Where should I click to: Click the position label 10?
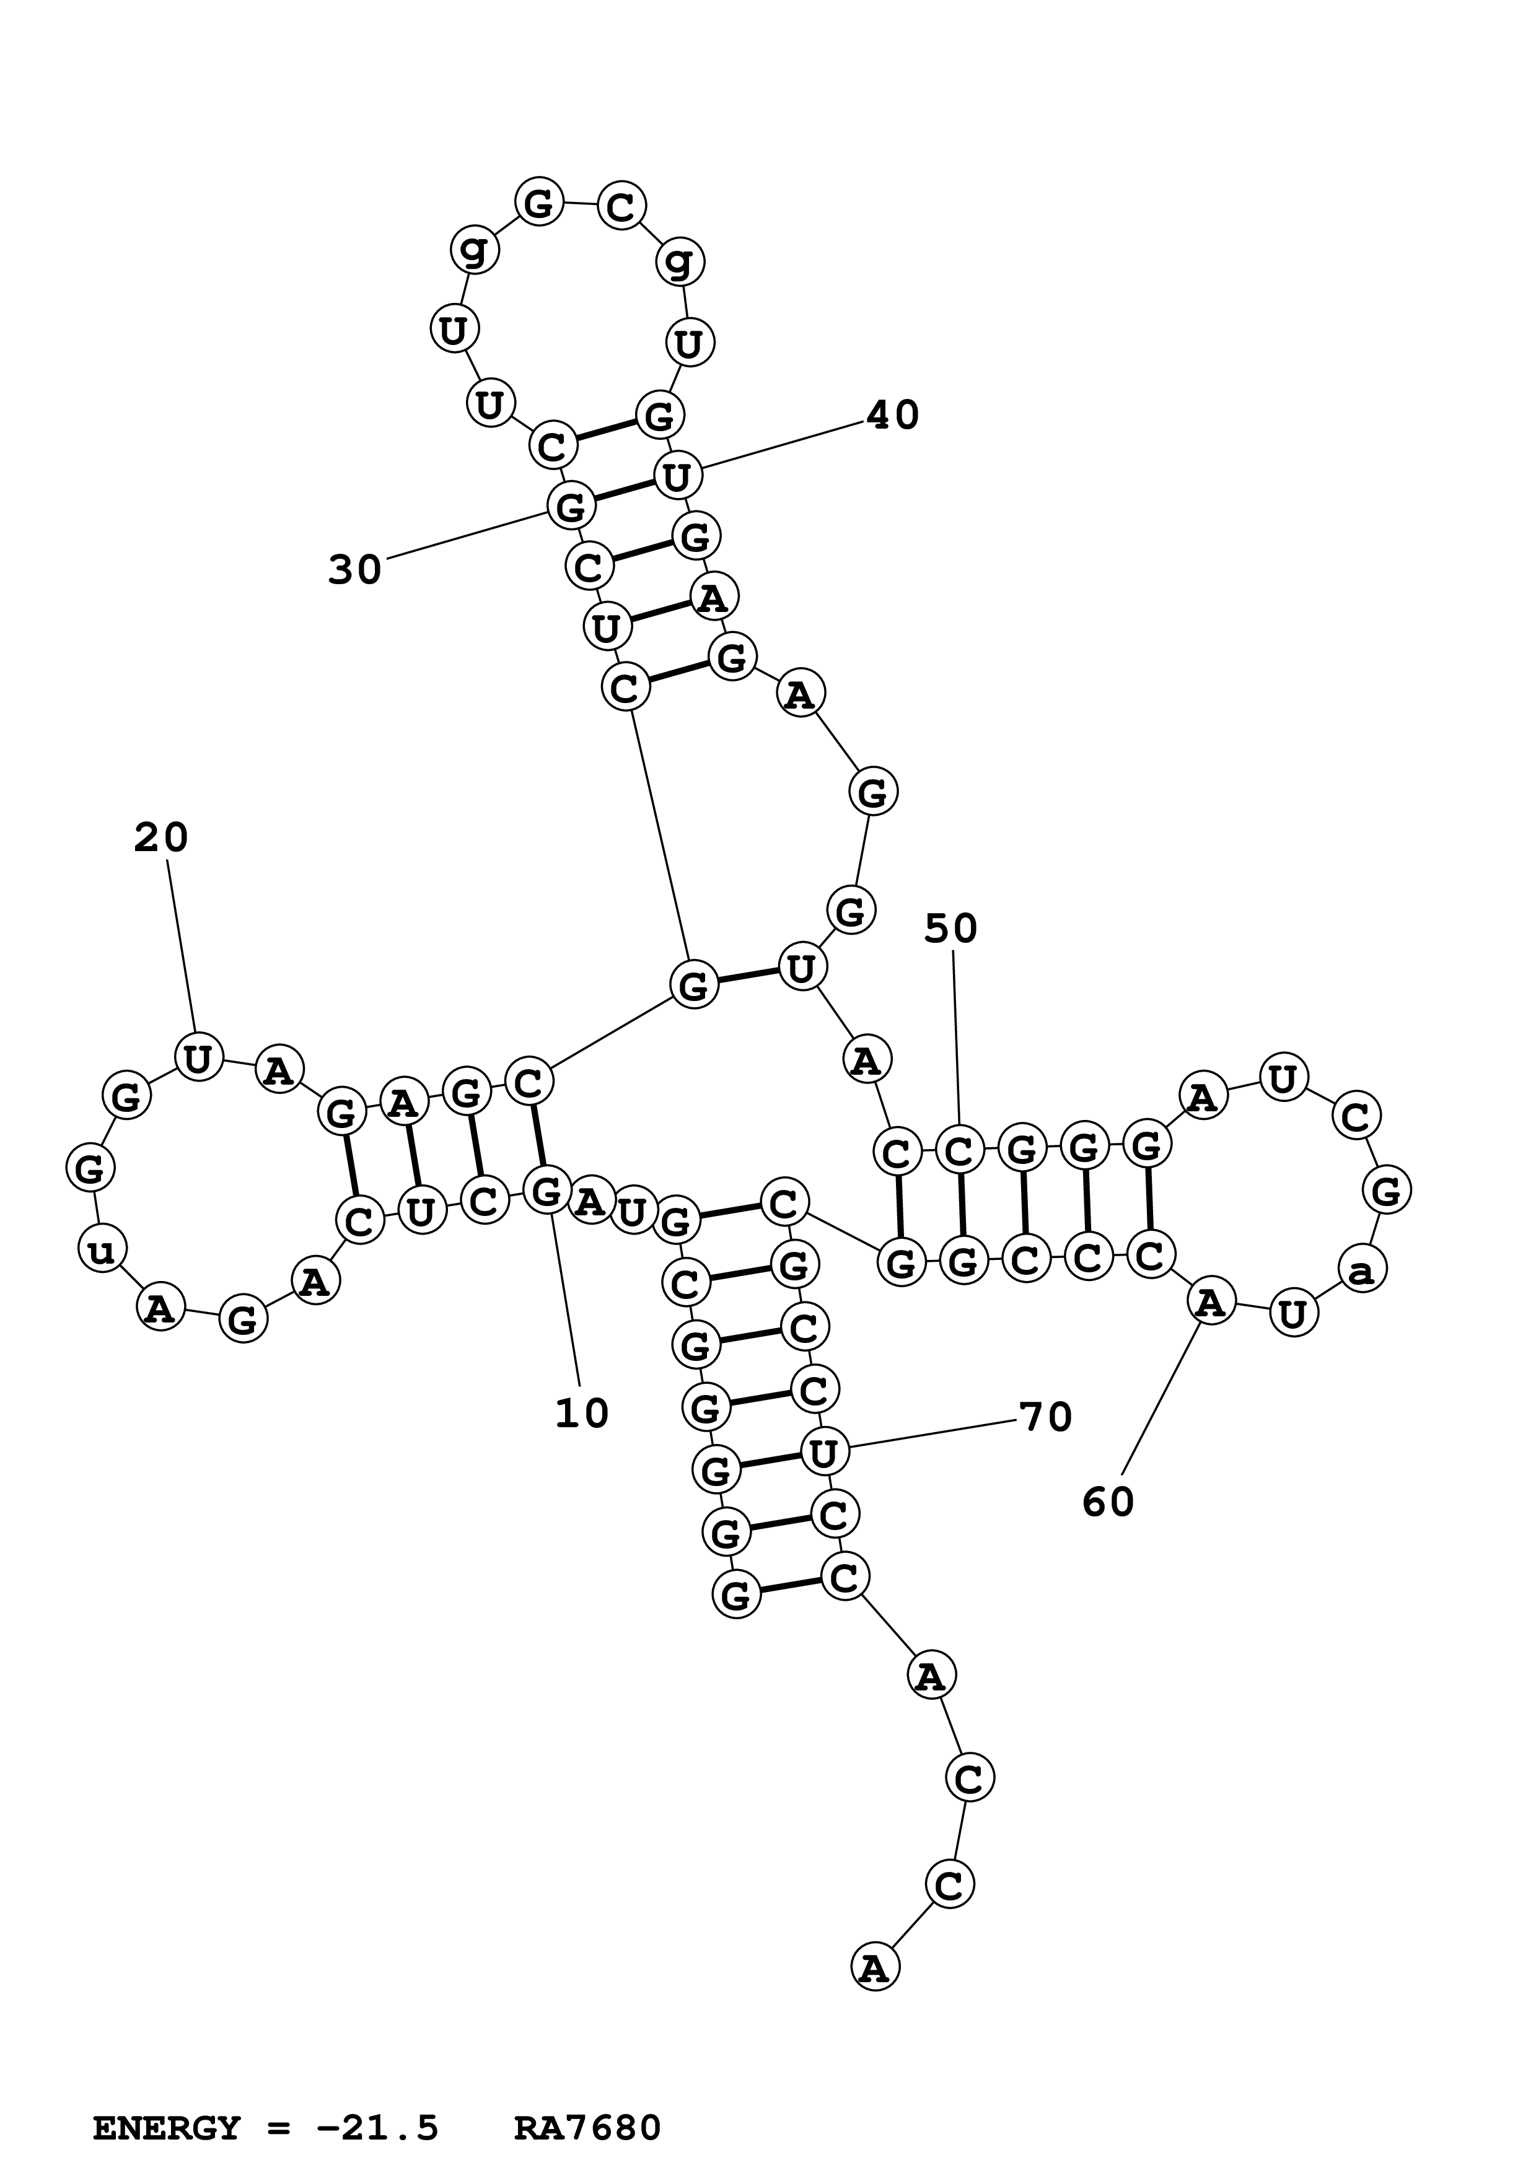[581, 1414]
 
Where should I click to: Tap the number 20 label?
[161, 837]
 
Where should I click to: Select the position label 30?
[355, 570]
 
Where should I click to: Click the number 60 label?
[1108, 1502]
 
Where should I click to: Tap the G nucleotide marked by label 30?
[571, 506]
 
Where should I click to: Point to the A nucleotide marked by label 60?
[1211, 1302]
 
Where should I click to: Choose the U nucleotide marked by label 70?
[824, 1451]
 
